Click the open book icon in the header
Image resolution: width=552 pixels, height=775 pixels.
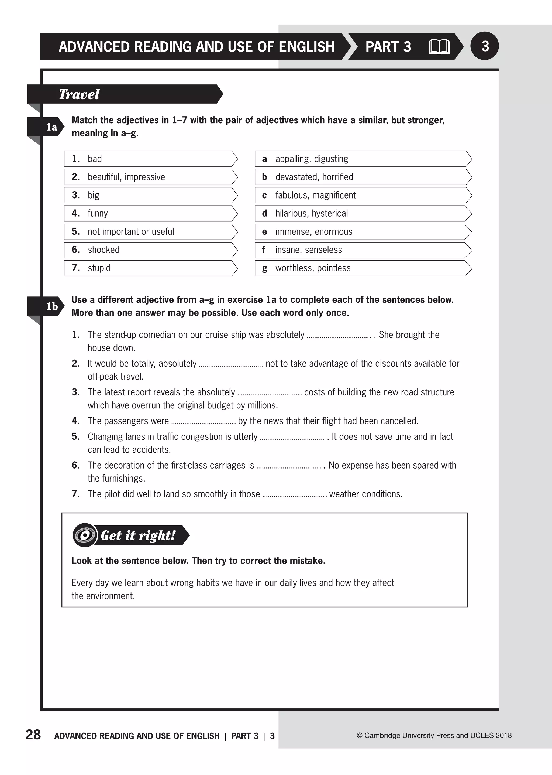(x=439, y=47)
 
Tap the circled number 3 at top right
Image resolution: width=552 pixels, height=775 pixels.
(x=484, y=46)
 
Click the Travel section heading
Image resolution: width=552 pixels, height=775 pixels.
(x=79, y=94)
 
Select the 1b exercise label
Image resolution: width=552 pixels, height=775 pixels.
(x=52, y=306)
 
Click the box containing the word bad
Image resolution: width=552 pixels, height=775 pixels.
(x=150, y=159)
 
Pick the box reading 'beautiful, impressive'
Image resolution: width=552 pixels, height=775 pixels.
(x=150, y=177)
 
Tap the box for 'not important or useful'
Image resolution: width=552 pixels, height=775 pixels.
(x=150, y=232)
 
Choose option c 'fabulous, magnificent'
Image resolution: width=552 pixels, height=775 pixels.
(x=362, y=195)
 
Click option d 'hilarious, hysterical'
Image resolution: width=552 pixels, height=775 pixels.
(x=362, y=214)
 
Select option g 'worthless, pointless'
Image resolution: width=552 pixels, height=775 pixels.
(x=362, y=268)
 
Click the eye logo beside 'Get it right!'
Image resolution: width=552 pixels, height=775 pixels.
(x=84, y=535)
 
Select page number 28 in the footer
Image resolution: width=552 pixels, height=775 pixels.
(x=33, y=735)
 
